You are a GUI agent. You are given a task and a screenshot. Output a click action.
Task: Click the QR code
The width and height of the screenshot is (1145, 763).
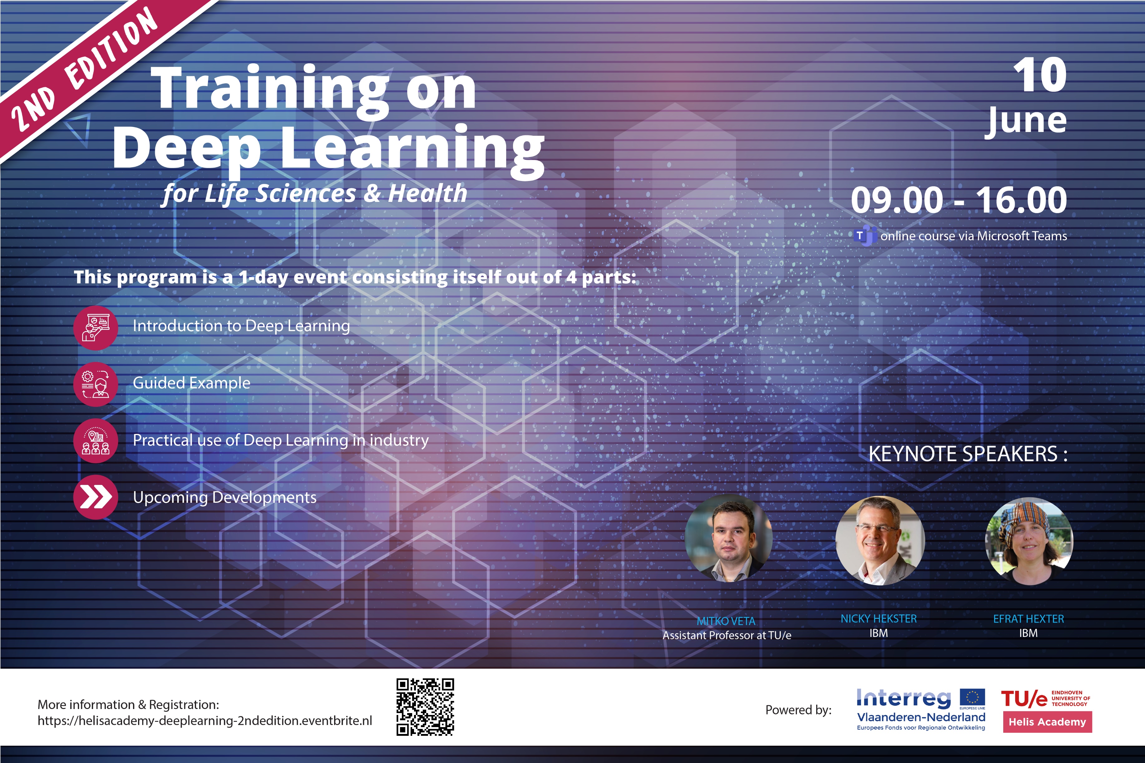coord(425,707)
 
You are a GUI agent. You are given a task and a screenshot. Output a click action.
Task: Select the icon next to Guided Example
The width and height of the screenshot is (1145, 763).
coord(96,384)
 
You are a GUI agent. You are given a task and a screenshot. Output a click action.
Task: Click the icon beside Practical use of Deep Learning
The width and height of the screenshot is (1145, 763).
coord(96,441)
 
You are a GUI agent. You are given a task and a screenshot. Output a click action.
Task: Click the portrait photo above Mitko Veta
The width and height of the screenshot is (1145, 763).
coord(728,538)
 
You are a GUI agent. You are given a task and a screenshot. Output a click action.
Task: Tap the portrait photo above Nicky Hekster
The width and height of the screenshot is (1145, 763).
coord(880,540)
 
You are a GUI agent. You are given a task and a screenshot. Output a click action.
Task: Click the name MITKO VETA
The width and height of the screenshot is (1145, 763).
coord(726,621)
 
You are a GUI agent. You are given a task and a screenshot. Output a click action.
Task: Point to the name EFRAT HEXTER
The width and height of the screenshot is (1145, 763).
coord(1028,619)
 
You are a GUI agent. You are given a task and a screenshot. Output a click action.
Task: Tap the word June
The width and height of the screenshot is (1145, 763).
coord(1026,122)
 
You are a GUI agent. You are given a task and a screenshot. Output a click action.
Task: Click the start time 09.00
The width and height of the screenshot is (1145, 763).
coord(897,200)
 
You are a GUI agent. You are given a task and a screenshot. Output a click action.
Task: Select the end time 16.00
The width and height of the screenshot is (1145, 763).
coord(1021,200)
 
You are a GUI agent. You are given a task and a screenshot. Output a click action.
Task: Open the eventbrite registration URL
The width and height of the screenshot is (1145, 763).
coord(205,721)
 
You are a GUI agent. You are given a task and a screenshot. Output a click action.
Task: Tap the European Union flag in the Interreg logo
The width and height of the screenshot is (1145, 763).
coord(972,698)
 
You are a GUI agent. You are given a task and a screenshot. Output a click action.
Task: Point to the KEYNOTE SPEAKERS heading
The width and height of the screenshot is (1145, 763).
coord(968,454)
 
